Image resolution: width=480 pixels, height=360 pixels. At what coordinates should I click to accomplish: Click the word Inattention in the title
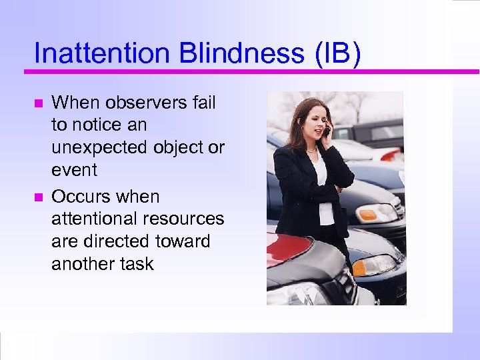coord(93,53)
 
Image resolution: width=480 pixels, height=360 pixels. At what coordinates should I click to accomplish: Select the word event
coord(74,170)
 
